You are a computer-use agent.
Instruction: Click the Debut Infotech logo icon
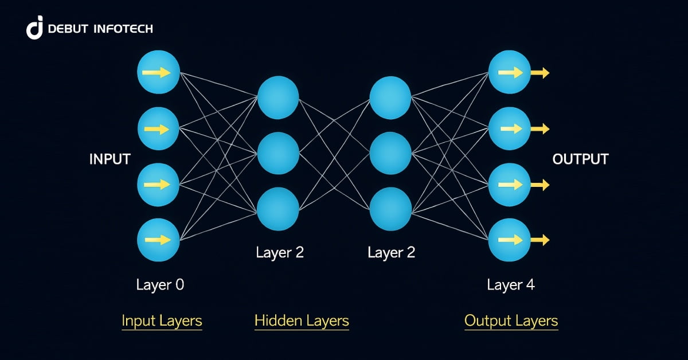(x=35, y=28)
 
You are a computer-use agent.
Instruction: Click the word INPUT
(x=110, y=159)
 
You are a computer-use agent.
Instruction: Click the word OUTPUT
(x=580, y=159)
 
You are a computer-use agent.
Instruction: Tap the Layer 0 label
(x=160, y=284)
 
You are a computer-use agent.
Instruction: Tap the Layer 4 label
(x=511, y=284)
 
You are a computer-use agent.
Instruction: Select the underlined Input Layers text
(x=162, y=320)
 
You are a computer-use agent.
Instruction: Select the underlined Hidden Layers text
(x=302, y=320)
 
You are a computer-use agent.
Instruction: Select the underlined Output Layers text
(x=511, y=320)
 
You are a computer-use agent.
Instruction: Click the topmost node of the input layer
(x=159, y=73)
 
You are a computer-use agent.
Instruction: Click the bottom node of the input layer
(x=159, y=240)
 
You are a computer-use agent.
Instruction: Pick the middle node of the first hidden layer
(x=278, y=153)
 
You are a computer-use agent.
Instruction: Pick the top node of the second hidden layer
(x=390, y=97)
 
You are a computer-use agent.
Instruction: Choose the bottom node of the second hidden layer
(x=390, y=209)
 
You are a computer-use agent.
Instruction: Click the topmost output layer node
(x=509, y=72)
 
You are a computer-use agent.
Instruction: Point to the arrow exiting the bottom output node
(x=540, y=240)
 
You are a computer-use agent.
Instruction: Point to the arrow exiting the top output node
(x=540, y=72)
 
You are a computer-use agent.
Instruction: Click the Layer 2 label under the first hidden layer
(x=280, y=252)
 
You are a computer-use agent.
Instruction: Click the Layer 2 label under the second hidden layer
(x=391, y=252)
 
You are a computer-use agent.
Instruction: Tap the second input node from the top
(x=159, y=128)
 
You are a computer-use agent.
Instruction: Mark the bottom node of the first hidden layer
(x=278, y=209)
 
